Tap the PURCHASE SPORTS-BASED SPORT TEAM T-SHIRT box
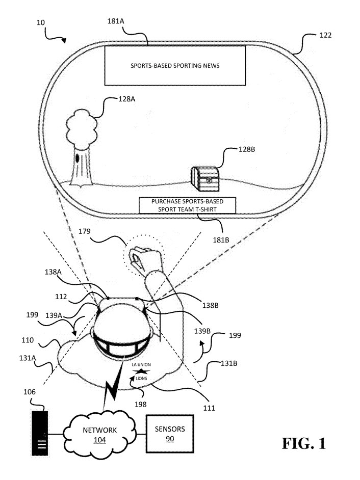tap(188, 205)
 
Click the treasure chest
tap(205, 176)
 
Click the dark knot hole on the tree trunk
tap(78, 157)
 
